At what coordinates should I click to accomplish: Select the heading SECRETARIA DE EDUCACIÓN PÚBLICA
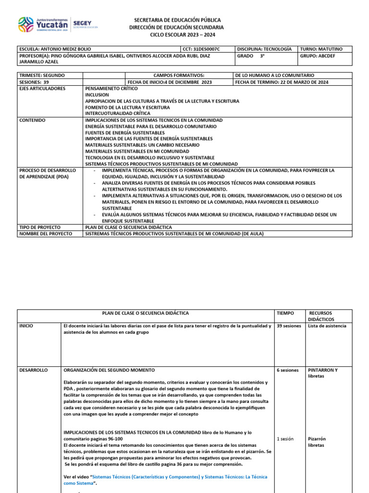pos(178,20)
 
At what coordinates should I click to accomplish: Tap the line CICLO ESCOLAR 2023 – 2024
pos(178,35)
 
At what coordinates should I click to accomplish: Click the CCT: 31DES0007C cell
pos(208,49)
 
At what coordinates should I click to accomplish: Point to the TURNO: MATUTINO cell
pos(325,49)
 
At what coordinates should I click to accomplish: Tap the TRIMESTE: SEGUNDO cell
pos(49,76)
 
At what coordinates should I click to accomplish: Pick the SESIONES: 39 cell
pos(49,82)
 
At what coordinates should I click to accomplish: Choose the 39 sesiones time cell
pos(290,326)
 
